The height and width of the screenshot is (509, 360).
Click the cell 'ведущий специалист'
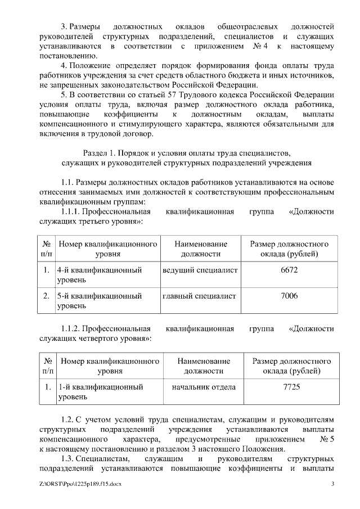click(200, 271)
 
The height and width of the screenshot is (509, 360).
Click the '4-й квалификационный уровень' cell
click(99, 275)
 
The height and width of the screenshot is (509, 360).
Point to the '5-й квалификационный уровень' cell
click(99, 301)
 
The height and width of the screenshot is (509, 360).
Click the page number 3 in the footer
click(332, 484)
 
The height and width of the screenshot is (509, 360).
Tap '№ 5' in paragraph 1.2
click(326, 438)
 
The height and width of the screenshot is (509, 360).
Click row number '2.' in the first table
click(47, 296)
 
